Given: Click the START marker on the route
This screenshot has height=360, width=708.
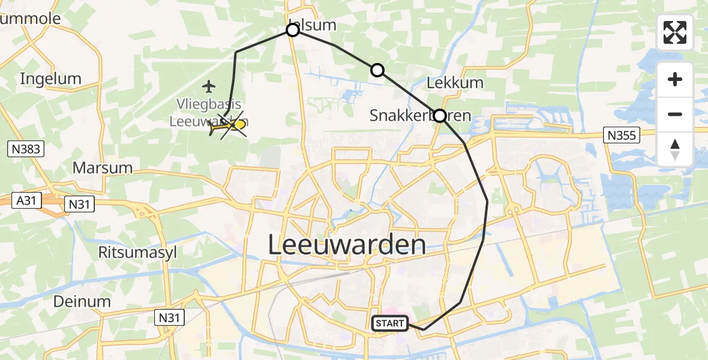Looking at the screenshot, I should [390, 323].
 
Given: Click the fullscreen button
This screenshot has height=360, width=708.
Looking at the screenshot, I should [675, 32].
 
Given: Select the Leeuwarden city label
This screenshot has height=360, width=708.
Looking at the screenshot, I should [346, 245].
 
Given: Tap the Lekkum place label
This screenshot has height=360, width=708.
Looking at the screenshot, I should [455, 82].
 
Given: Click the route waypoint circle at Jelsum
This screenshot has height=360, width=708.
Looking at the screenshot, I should [292, 30].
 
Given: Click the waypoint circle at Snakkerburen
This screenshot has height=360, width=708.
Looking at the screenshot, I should [440, 116].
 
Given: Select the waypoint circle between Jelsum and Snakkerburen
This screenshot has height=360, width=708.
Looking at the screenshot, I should [377, 70].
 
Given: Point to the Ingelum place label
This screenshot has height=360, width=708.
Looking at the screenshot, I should [50, 79].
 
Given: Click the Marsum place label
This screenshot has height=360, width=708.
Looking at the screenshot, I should [102, 167].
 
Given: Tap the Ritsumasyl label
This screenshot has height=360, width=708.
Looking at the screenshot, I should [137, 252].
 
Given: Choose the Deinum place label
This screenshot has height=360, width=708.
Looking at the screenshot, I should [82, 301].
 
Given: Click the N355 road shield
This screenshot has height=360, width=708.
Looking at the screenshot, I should [621, 136].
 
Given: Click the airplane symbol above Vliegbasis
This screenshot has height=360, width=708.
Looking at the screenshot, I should [209, 86].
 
